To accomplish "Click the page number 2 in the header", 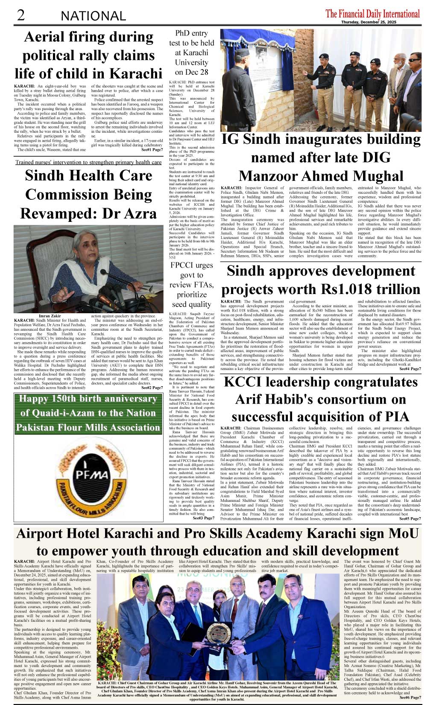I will tap(20, 15).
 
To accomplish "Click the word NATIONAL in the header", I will tap(93, 16).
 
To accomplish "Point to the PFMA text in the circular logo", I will tap(91, 474).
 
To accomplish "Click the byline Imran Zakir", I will tap(50, 316).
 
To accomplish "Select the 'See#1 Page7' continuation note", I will tap(152, 150).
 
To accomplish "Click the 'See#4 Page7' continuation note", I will tap(410, 369).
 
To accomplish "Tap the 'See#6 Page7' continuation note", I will tap(410, 697).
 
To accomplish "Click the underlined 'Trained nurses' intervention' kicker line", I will tap(88, 162).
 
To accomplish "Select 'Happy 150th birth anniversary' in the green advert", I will tap(88, 399).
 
